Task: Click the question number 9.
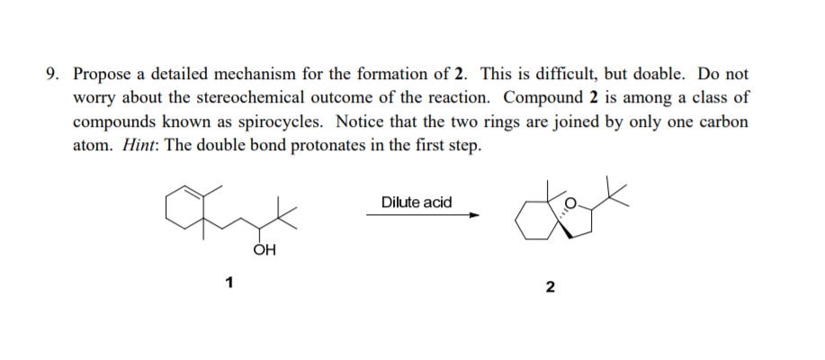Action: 51,74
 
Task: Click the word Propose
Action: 103,74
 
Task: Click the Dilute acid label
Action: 416,202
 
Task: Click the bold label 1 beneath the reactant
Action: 229,284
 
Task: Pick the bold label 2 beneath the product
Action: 550,288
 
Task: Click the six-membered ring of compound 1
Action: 184,211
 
